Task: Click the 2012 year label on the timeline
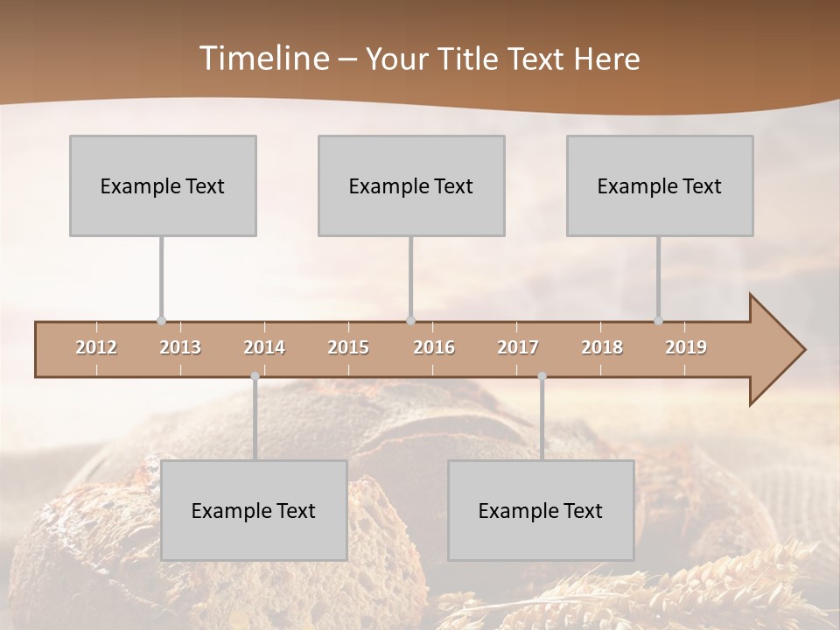coord(96,348)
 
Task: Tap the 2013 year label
coord(180,348)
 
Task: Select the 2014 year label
coord(264,348)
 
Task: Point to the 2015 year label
coord(348,348)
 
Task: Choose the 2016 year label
coord(434,348)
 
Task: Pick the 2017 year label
coord(518,348)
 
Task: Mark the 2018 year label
coord(602,348)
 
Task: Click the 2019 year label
coord(686,348)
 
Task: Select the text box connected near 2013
coord(163,185)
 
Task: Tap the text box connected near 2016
coord(411,185)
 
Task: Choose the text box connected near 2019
coord(660,185)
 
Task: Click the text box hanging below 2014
coord(254,510)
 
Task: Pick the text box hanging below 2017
coord(541,510)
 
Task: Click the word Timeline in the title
coord(262,59)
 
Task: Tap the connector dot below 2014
coord(255,376)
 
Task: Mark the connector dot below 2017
coord(542,376)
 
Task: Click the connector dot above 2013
coord(161,321)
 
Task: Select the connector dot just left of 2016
coord(410,321)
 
